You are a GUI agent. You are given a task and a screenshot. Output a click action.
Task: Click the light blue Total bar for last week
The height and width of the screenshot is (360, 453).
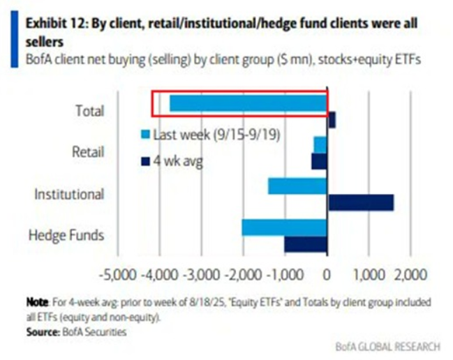(248, 103)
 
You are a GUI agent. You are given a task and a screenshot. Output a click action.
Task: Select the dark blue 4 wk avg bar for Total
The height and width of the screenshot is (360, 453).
(331, 120)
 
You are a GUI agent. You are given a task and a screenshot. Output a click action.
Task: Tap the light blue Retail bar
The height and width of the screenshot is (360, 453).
(320, 144)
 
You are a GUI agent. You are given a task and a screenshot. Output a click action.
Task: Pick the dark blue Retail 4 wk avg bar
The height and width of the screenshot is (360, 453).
(319, 161)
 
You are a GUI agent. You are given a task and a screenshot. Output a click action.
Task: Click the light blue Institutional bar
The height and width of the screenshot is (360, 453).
(297, 186)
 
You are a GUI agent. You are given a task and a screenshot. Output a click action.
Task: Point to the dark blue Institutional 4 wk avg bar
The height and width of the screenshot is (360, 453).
(361, 202)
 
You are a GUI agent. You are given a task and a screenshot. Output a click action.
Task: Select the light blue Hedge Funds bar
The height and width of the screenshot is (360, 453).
(284, 227)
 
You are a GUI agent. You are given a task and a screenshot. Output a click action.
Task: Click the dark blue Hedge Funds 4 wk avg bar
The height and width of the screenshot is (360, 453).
(306, 244)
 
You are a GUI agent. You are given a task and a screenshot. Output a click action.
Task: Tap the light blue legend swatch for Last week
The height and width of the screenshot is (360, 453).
(145, 134)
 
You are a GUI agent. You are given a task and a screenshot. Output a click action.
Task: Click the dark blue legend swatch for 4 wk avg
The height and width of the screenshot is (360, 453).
(145, 162)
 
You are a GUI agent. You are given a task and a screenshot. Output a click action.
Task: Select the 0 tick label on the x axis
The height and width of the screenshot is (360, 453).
(327, 273)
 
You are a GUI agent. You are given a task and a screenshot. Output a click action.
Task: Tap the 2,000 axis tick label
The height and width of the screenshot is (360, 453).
(407, 273)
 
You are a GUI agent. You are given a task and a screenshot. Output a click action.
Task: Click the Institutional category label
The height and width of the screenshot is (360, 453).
(69, 194)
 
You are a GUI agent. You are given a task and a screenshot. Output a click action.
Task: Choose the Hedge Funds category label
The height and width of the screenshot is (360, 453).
(66, 235)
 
